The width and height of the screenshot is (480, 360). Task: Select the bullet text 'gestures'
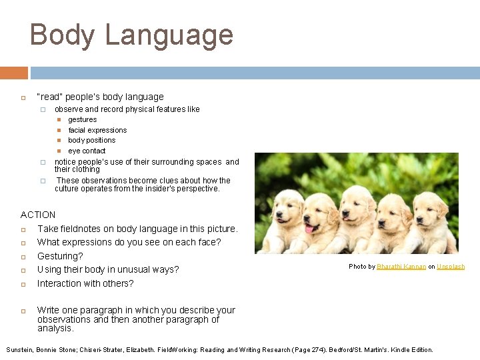coord(82,120)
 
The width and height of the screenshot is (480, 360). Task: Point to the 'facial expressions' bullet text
coord(97,130)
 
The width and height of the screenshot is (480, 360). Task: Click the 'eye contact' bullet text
coord(87,151)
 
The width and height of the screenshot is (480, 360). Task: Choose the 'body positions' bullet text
coord(91,141)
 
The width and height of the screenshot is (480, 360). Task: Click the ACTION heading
coord(38,215)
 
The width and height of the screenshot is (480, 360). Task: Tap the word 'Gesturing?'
coord(60,256)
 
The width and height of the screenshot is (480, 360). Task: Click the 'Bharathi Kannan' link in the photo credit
coord(401,267)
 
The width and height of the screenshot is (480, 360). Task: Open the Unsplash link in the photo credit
coord(451,267)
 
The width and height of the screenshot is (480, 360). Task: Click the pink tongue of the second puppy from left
coord(309,228)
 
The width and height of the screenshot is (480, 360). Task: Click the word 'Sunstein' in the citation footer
coord(21,350)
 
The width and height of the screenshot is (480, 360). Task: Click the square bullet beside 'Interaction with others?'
coord(23,284)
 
